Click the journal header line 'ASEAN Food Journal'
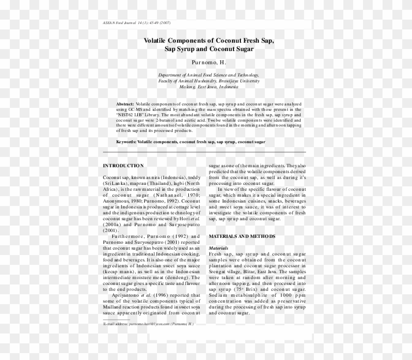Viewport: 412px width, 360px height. point(120,24)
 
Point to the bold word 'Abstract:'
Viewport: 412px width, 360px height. point(125,105)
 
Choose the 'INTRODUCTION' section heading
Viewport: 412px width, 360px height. point(123,165)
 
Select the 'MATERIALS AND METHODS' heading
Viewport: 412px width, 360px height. point(242,236)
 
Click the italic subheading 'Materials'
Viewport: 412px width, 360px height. point(218,248)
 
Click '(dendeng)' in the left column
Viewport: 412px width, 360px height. point(177,277)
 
